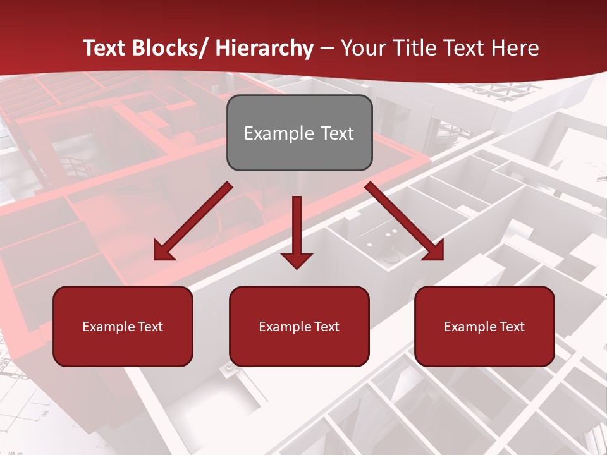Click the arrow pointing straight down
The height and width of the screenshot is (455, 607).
coord(297,227)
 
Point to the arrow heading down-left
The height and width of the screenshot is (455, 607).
coord(193,221)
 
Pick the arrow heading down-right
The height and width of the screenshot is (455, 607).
coord(405,221)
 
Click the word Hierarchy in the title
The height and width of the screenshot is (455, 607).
coord(264,48)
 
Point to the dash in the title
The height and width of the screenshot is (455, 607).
coord(327,49)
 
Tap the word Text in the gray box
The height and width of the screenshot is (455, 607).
coord(336,133)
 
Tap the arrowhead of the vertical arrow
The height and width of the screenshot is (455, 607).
coord(297,259)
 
